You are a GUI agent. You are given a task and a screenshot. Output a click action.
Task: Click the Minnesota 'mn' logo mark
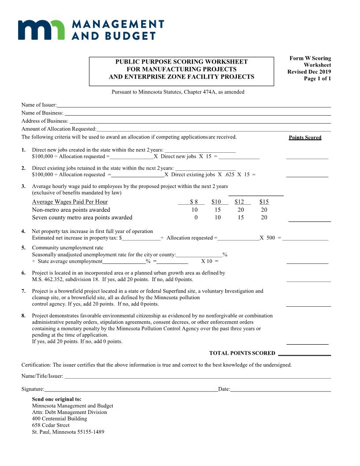(42, 29)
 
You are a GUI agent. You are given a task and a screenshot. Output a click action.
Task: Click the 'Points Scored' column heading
(305, 138)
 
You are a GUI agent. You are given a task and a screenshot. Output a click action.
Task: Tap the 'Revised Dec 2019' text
(309, 72)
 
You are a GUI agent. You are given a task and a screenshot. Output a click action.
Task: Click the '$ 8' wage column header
(194, 202)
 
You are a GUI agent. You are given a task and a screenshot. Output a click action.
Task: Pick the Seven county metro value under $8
(195, 218)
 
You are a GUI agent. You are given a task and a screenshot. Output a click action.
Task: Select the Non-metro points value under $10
(217, 210)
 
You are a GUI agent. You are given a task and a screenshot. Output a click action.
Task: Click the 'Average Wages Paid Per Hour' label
(70, 202)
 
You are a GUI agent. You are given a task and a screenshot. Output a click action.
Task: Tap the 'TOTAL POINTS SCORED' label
(242, 353)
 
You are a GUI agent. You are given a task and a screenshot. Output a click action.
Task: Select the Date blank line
(280, 389)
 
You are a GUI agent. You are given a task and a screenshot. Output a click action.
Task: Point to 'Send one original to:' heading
(56, 399)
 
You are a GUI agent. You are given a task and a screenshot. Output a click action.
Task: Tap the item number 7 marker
(23, 291)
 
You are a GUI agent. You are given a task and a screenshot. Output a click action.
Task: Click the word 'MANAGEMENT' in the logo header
(117, 24)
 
